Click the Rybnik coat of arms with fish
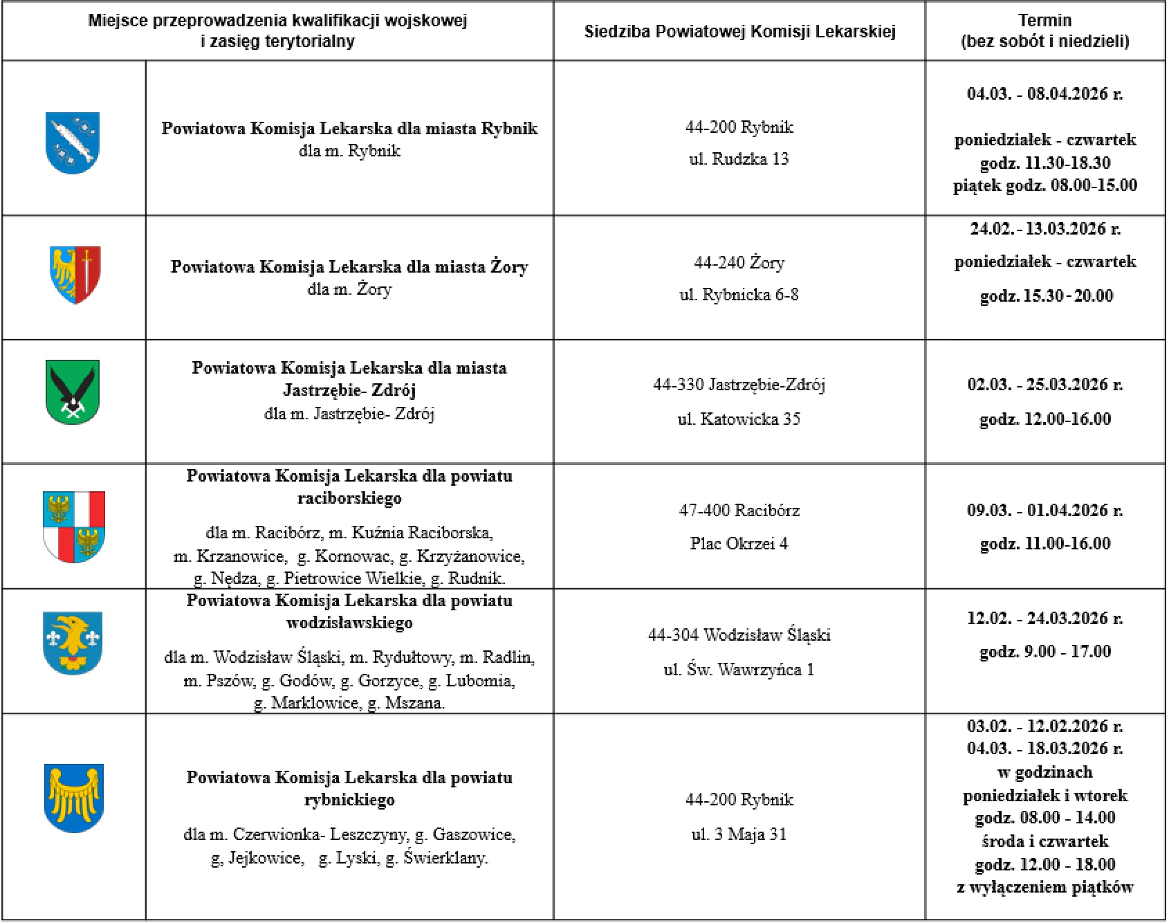pos(73,143)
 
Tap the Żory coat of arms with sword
pos(75,274)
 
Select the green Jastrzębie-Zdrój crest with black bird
pos(73,392)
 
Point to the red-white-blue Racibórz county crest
pos(74,526)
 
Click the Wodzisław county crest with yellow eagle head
pos(73,643)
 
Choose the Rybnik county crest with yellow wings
pos(73,798)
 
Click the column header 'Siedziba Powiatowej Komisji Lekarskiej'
pos(739,31)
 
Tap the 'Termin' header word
pos(1044,20)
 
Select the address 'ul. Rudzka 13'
pos(739,159)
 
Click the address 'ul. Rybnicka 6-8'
pos(739,295)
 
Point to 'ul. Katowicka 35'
pos(739,419)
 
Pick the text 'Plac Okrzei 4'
pos(739,543)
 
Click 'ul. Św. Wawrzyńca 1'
pos(739,669)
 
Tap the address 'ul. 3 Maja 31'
pos(739,834)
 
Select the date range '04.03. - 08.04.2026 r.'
pos(1044,93)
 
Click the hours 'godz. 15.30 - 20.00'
pos(1046,296)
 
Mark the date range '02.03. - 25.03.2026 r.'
pos(1044,384)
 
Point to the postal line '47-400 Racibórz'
pos(739,511)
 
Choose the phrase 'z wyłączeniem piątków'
pos(1044,887)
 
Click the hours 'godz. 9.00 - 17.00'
pos(1044,651)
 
